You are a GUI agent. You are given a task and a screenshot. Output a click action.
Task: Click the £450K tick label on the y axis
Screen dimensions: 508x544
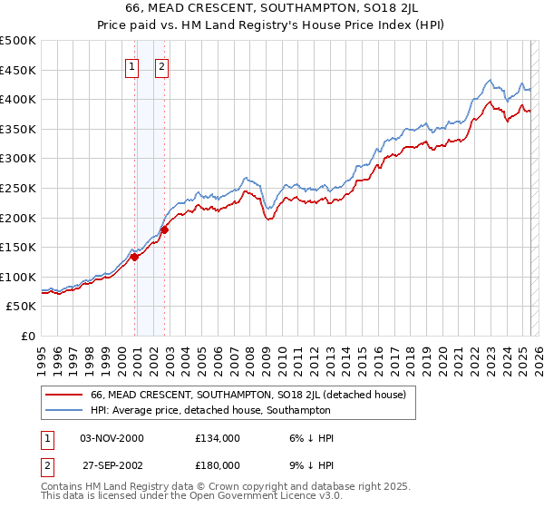(x=18, y=70)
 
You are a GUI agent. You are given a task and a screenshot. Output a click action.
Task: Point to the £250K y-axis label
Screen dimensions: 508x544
(x=18, y=188)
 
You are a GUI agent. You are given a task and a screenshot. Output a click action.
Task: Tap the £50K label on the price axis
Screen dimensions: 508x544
(x=22, y=307)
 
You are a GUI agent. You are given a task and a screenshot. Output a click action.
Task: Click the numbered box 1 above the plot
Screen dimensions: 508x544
(x=132, y=65)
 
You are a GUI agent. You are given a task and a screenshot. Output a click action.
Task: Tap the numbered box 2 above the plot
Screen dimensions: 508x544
(x=161, y=65)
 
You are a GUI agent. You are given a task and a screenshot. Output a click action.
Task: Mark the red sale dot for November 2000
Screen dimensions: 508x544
(x=134, y=257)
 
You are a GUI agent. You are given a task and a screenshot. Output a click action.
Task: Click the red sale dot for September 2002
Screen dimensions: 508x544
(x=165, y=230)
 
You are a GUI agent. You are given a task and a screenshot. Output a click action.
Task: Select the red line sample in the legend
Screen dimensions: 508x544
(x=63, y=395)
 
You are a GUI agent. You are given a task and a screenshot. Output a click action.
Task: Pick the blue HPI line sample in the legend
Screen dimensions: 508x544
(x=63, y=411)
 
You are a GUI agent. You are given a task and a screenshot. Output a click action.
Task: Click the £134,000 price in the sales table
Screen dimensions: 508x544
(x=218, y=438)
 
